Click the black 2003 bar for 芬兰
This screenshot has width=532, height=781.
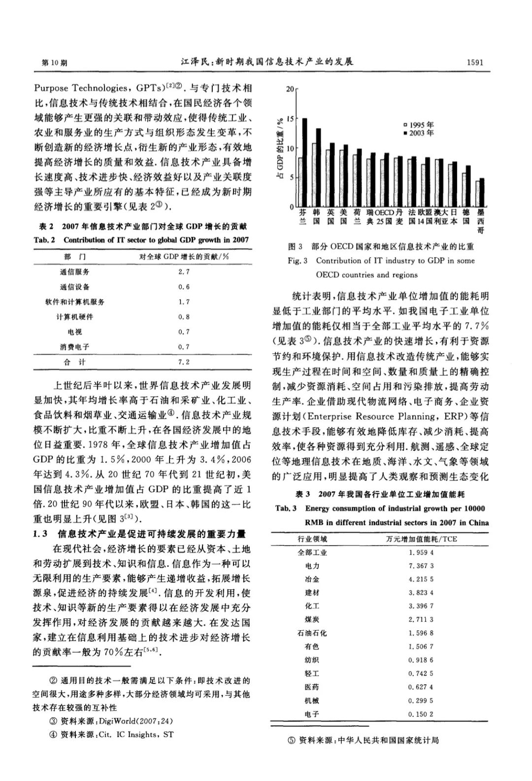[305, 163]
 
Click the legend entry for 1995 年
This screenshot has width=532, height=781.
[419, 125]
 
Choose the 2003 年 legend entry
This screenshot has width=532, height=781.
[419, 133]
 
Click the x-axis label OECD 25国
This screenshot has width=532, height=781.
[385, 217]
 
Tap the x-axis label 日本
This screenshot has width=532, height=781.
[454, 217]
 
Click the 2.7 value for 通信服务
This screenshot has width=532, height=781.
[184, 272]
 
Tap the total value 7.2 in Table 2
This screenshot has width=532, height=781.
[184, 362]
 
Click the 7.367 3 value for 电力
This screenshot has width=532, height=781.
[421, 566]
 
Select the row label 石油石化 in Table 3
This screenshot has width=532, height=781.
[312, 633]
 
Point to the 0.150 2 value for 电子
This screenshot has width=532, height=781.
[421, 713]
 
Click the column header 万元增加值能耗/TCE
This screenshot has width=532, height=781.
[421, 539]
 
